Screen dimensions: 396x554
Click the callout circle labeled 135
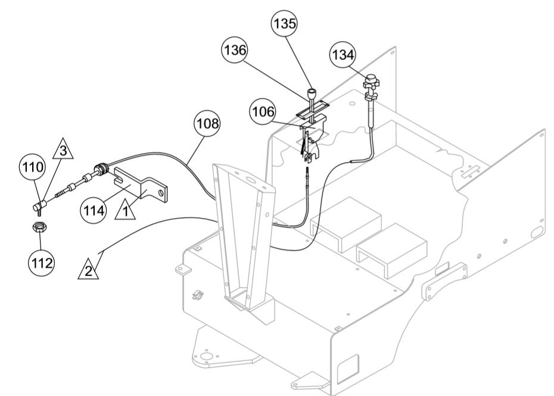(x=285, y=25)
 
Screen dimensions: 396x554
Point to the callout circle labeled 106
(x=263, y=112)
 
